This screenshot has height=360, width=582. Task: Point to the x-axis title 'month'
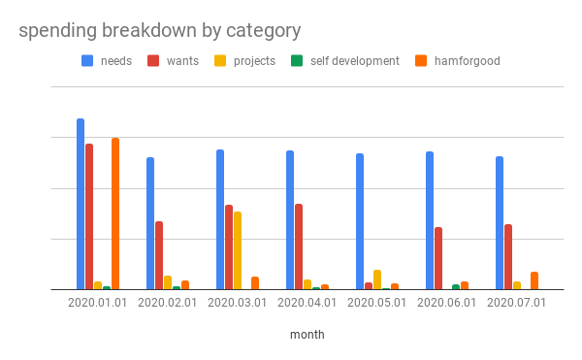coord(307,334)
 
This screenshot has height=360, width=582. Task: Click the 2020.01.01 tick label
coord(98,303)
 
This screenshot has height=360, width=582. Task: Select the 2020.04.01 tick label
coord(307,303)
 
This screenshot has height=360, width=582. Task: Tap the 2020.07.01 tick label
coord(517,303)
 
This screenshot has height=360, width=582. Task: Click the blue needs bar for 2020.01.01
coord(81,204)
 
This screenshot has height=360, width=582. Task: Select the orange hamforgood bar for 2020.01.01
coord(115,213)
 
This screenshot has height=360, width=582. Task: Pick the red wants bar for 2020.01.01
coord(89,216)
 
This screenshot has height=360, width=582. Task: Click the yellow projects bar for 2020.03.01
coord(238,250)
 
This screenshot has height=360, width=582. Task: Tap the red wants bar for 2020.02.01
coord(159,255)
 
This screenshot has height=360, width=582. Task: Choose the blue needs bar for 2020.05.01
coord(360,221)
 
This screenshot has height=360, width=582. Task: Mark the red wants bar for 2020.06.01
coord(438,258)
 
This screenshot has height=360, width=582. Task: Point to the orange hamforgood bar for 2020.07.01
coord(534,280)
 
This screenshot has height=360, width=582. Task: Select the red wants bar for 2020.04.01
coord(299,246)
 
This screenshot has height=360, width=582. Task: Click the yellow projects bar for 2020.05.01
coord(377,279)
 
